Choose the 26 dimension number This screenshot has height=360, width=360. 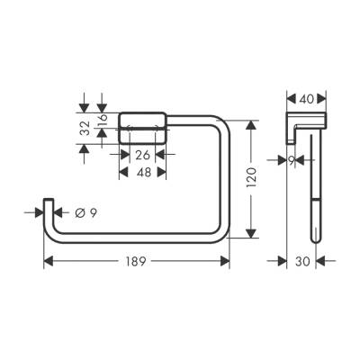[x=142, y=154]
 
